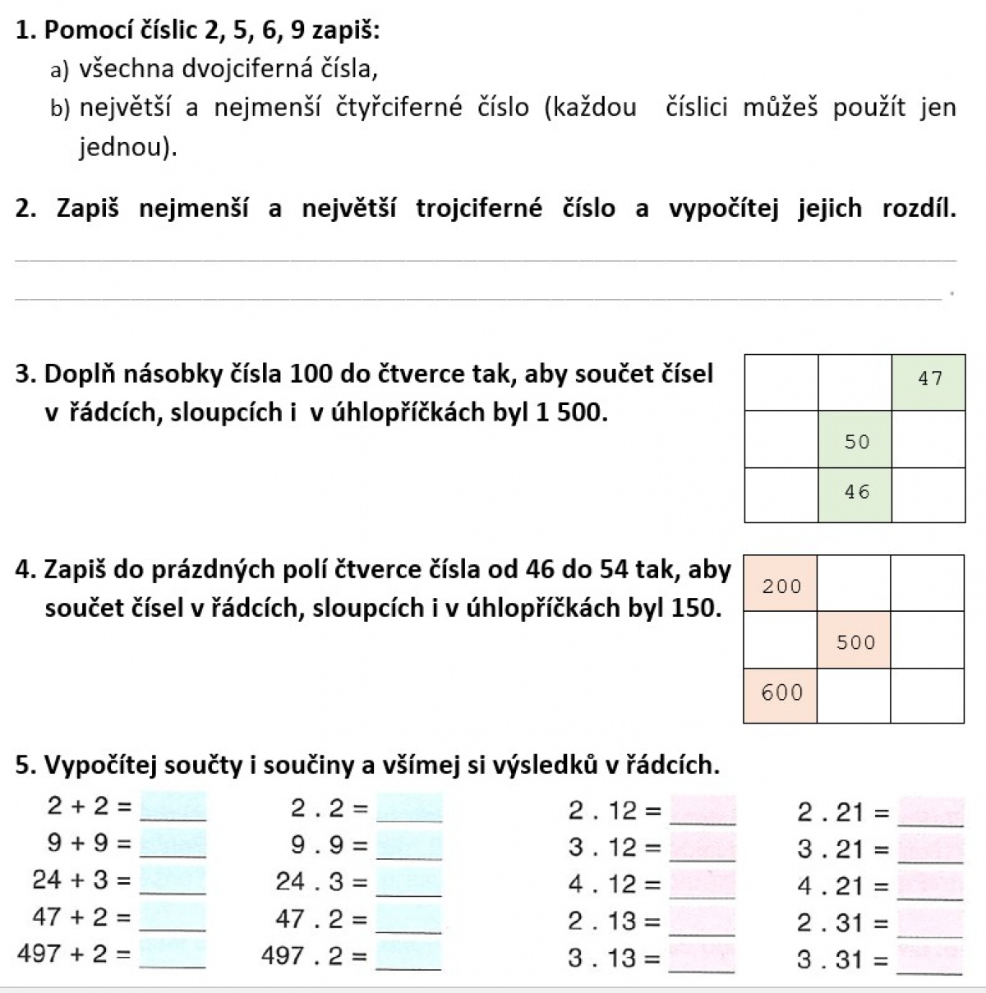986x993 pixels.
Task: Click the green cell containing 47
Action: tap(928, 381)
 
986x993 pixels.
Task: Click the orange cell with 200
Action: tap(780, 584)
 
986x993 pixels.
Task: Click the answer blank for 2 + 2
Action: tap(173, 807)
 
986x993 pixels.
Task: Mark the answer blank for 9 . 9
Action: tap(409, 845)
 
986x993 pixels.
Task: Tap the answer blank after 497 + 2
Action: tap(173, 955)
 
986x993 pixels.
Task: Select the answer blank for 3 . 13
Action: tap(703, 959)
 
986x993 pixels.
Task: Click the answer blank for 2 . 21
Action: tap(931, 812)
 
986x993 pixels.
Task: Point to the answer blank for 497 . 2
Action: tap(409, 955)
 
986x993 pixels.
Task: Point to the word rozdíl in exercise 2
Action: tap(919, 209)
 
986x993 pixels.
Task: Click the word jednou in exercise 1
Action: tap(123, 148)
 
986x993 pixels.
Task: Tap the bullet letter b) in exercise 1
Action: tap(59, 108)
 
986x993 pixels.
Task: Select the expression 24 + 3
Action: tap(71, 880)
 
